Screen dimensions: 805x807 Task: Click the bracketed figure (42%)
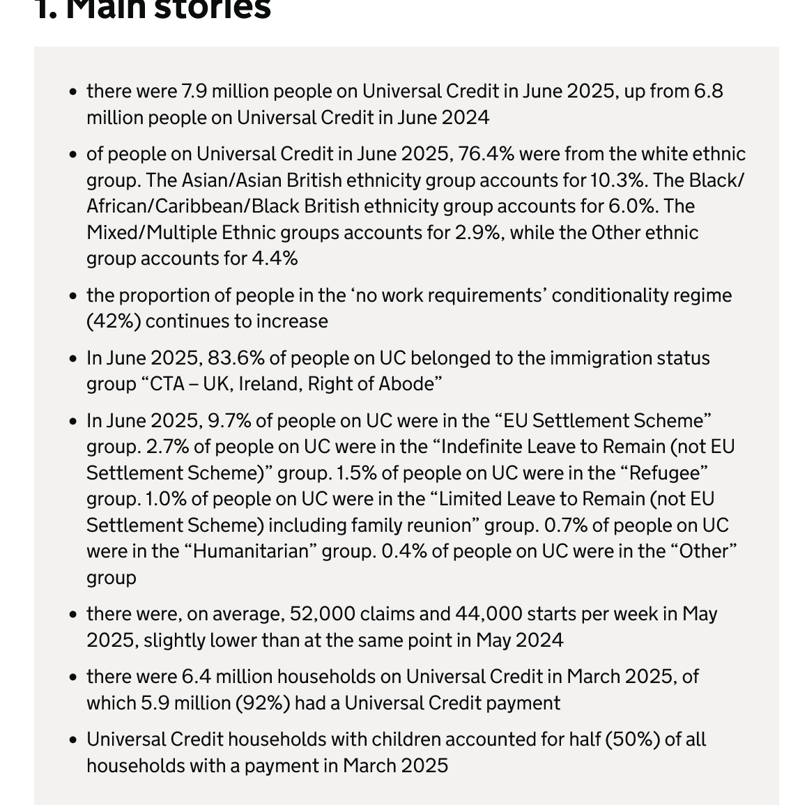pyautogui.click(x=114, y=321)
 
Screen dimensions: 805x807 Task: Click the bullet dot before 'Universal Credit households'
pyautogui.click(x=73, y=739)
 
